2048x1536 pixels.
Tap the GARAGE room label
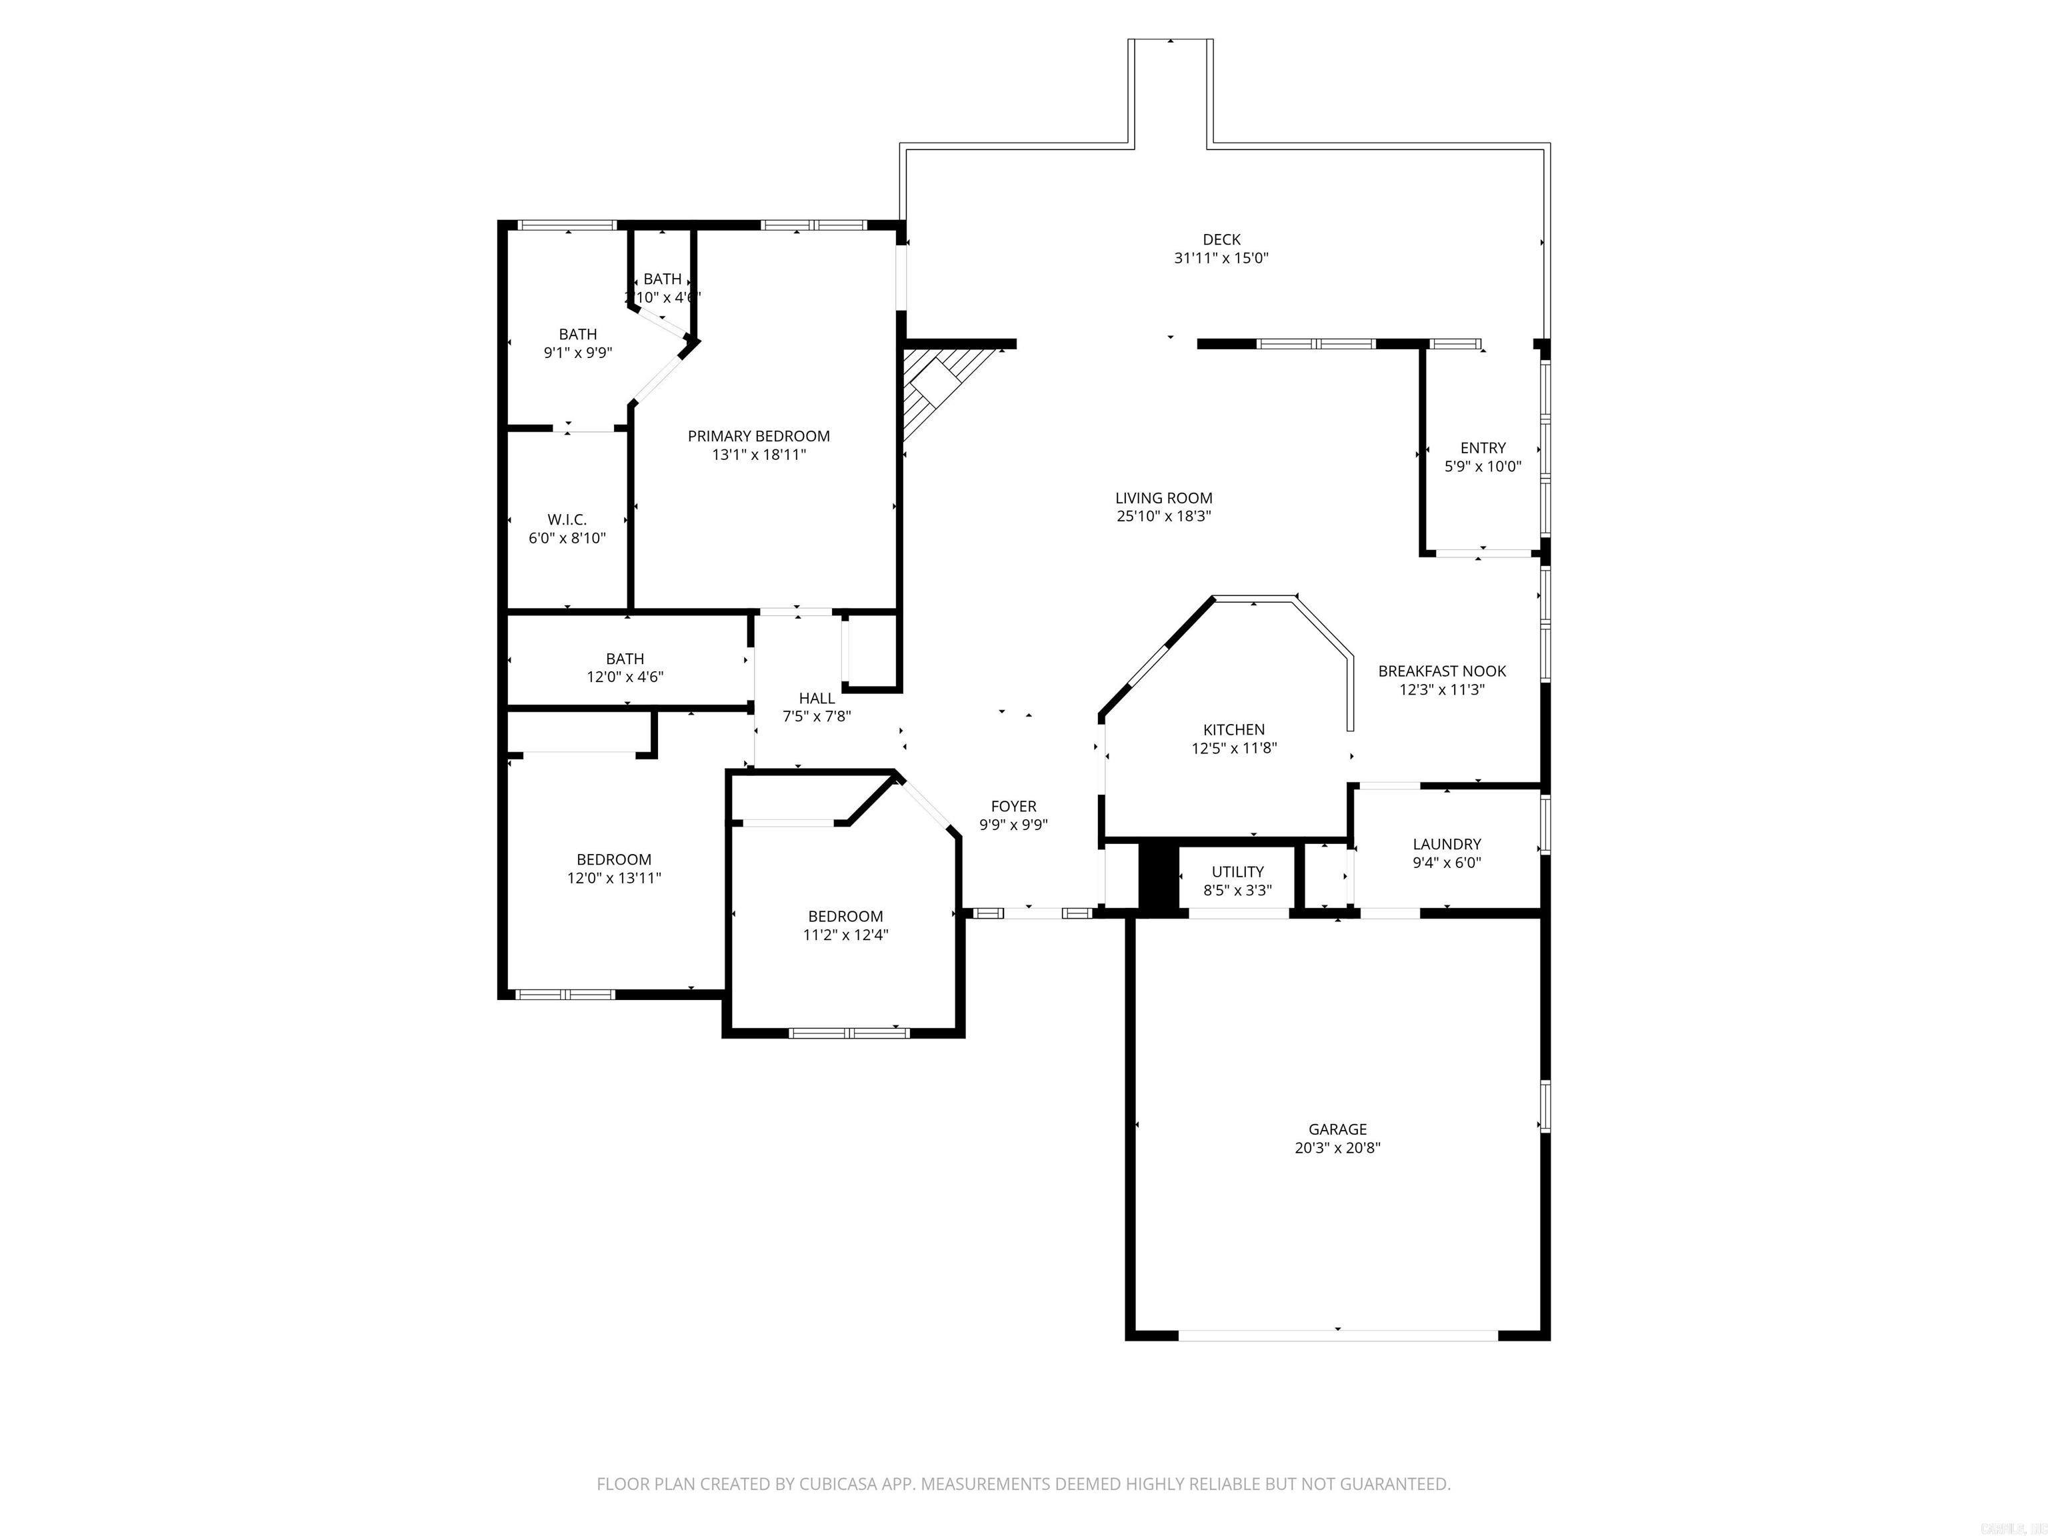click(x=1337, y=1129)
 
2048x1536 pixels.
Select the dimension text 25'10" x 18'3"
click(x=1164, y=517)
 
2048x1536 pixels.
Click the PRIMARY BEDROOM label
click(x=758, y=436)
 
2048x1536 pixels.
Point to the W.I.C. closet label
click(x=567, y=519)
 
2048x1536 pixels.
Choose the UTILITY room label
click(x=1237, y=871)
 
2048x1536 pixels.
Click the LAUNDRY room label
click(x=1446, y=843)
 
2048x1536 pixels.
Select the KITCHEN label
click(x=1233, y=729)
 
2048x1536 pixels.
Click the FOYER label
click(x=1013, y=805)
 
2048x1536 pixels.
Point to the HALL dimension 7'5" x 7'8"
click(x=816, y=716)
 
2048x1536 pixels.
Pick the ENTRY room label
click(x=1482, y=447)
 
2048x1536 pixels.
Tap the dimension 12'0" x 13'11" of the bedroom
click(x=614, y=878)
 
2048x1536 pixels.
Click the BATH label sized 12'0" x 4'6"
click(x=625, y=658)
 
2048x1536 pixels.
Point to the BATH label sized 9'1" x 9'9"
click(x=578, y=333)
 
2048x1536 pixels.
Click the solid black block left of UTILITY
click(x=1155, y=878)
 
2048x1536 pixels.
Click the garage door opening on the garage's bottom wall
click(x=1337, y=1335)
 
